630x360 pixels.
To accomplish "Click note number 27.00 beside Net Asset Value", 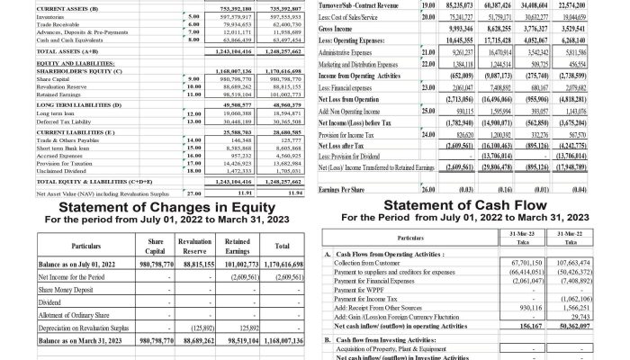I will click(x=193, y=192).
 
